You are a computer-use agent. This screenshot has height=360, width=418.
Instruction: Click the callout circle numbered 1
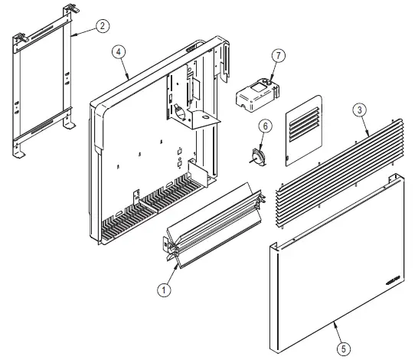click(x=163, y=290)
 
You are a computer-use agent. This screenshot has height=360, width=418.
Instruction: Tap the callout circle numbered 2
click(x=103, y=25)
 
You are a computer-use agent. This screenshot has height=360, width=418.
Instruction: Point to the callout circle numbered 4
click(x=119, y=52)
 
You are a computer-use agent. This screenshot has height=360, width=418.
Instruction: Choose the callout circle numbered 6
click(x=266, y=126)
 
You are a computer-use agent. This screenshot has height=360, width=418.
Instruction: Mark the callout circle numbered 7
click(x=279, y=55)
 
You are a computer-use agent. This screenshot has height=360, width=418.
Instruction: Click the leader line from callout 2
click(x=83, y=31)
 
